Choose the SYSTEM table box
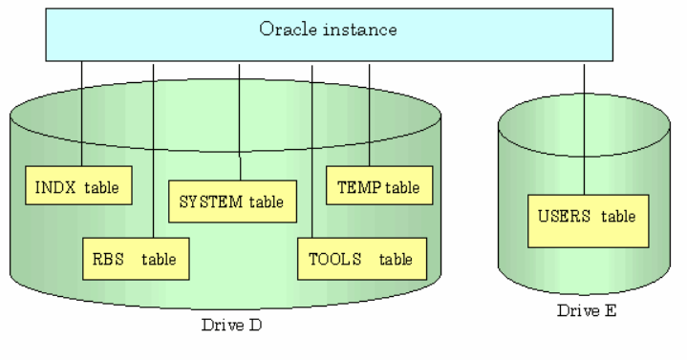pos(232,201)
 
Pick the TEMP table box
pos(378,187)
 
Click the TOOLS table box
pos(360,258)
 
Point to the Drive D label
pos(232,325)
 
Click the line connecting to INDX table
pos(81,115)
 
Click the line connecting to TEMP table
pos(369,115)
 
